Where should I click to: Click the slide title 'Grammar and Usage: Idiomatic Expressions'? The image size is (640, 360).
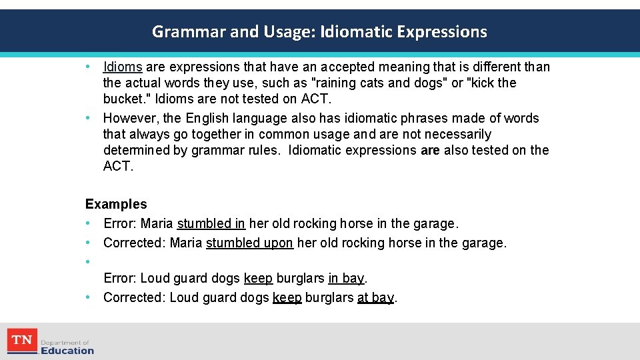(319, 31)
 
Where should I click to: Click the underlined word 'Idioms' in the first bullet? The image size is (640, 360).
(123, 67)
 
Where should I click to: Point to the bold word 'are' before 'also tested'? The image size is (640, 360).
(430, 150)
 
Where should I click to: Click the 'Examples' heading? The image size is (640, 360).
(116, 204)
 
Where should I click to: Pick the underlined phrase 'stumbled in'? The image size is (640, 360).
(211, 224)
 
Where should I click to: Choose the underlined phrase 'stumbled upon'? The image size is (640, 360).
(249, 243)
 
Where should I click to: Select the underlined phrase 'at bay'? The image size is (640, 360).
(375, 297)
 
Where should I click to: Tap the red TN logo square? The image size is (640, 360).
(22, 341)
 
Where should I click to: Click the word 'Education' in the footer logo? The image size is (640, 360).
(67, 351)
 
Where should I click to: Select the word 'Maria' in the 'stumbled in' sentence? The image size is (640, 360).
(157, 224)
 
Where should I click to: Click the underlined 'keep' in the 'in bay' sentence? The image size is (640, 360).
(258, 278)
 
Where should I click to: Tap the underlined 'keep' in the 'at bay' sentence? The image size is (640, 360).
(287, 297)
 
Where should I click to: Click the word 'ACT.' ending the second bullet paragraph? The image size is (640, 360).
(118, 166)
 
